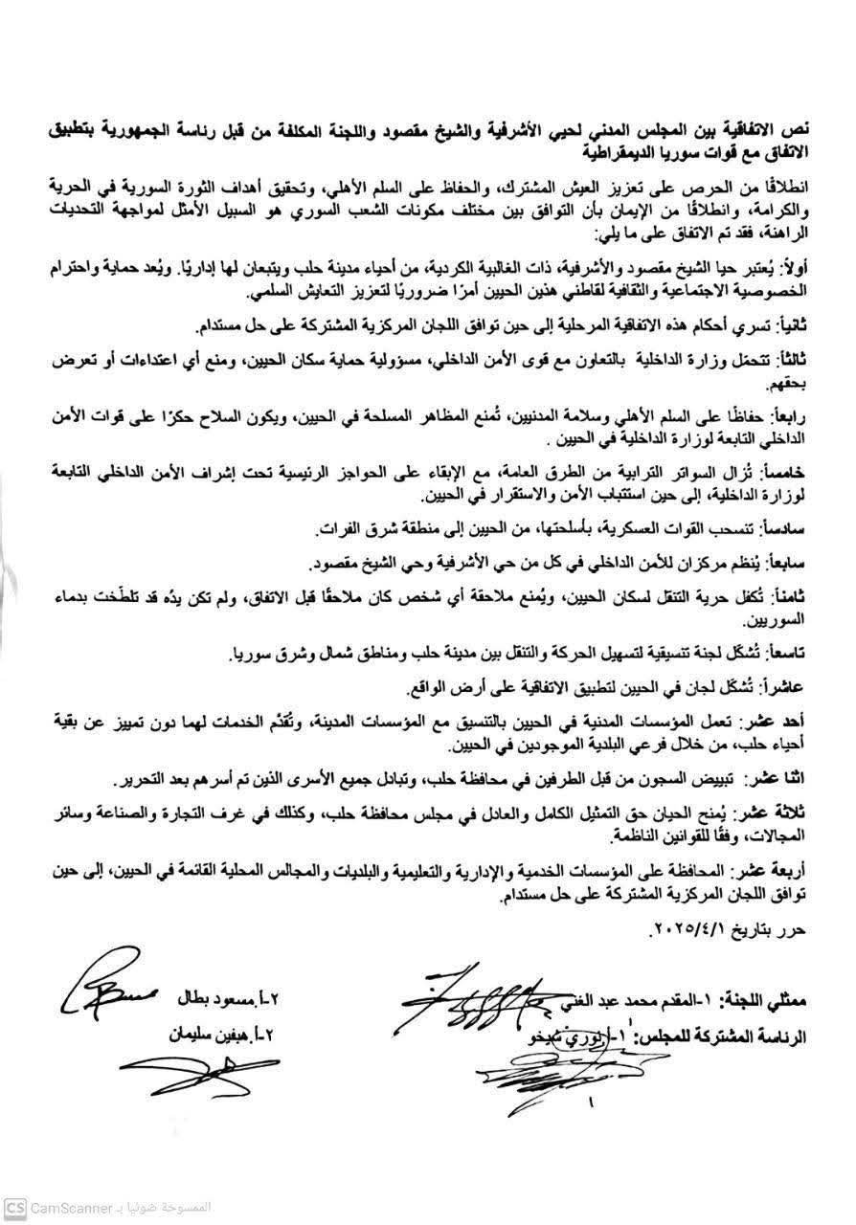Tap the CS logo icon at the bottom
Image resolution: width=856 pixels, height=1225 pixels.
[x=14, y=1203]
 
